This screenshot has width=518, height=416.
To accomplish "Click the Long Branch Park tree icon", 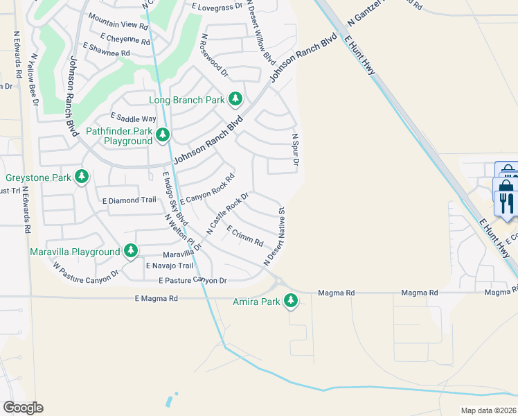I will (235, 99).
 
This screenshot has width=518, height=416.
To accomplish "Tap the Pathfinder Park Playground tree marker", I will (163, 135).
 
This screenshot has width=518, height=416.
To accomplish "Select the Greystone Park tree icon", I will (82, 177).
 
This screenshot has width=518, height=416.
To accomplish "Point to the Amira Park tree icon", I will (292, 301).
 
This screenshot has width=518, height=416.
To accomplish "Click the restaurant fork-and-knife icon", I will (506, 202).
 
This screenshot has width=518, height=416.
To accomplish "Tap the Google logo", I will (23, 408).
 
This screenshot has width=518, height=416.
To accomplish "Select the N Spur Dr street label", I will (295, 150).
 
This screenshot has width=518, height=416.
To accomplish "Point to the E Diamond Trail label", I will (129, 200).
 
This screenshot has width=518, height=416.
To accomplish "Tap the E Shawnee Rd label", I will (106, 49).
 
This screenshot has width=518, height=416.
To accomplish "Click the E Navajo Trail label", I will (169, 266).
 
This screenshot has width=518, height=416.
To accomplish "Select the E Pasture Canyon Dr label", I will (193, 281).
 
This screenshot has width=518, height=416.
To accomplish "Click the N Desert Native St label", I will (274, 236).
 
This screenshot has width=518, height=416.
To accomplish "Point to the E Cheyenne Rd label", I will (125, 39).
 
